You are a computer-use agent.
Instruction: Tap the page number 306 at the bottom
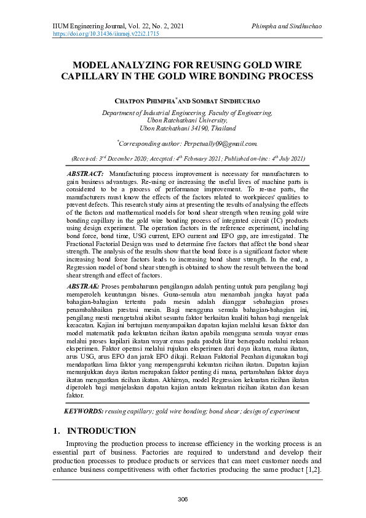[x=183, y=498]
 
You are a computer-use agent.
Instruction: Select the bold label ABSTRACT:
[x=84, y=175]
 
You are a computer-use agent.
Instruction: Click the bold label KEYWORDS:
[x=84, y=410]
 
